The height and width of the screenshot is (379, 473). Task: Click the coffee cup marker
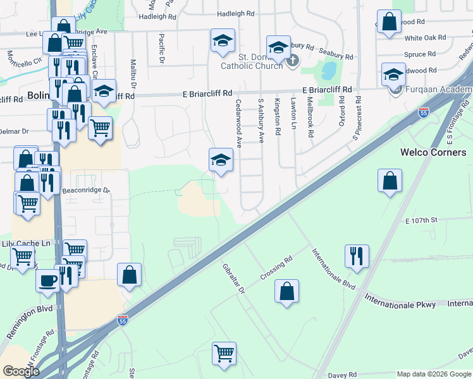[47, 280]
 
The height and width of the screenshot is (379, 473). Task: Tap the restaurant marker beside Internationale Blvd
[357, 256]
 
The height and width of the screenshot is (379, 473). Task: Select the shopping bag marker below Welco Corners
[390, 181]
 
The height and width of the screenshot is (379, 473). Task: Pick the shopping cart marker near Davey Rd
[224, 352]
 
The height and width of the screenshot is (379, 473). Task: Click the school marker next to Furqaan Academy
[393, 75]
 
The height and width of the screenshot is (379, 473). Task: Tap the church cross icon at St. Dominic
[292, 61]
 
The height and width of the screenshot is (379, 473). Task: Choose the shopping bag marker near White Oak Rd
[389, 21]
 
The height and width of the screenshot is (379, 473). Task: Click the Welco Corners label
[433, 152]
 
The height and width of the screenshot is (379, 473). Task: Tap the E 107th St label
[421, 220]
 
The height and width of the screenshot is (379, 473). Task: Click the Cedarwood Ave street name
[239, 123]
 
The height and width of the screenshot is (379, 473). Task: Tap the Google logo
[21, 371]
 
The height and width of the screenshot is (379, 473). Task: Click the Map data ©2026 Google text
[433, 374]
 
